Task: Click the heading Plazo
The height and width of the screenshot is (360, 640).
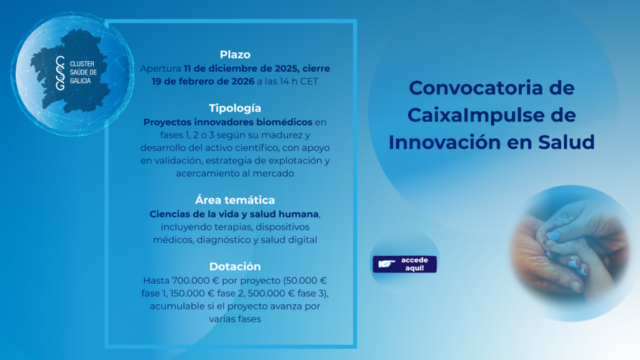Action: click(235, 55)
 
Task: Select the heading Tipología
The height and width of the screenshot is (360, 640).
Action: click(235, 109)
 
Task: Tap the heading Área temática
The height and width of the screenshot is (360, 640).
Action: click(235, 200)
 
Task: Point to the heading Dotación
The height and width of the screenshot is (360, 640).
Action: click(235, 266)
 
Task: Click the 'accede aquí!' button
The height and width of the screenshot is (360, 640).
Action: click(404, 264)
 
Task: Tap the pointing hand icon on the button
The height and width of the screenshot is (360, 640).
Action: click(386, 264)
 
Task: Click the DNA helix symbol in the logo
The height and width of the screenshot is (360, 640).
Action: click(61, 72)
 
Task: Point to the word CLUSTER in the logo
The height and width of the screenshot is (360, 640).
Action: click(82, 64)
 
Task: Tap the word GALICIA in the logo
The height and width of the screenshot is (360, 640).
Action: click(81, 81)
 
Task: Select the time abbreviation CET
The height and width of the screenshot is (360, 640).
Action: click(309, 82)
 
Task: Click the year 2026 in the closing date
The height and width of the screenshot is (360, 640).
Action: click(243, 82)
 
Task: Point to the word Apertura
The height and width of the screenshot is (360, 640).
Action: click(161, 69)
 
